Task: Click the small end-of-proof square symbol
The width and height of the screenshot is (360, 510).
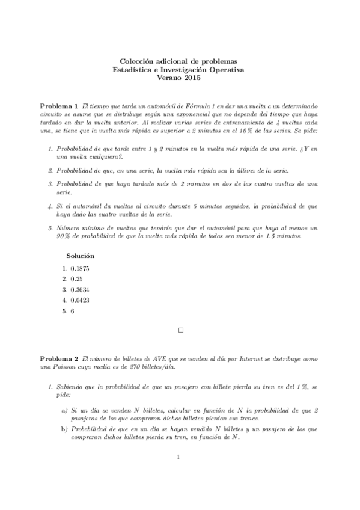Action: [x=180, y=330]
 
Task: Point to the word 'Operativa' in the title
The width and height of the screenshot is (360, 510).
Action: [x=225, y=69]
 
